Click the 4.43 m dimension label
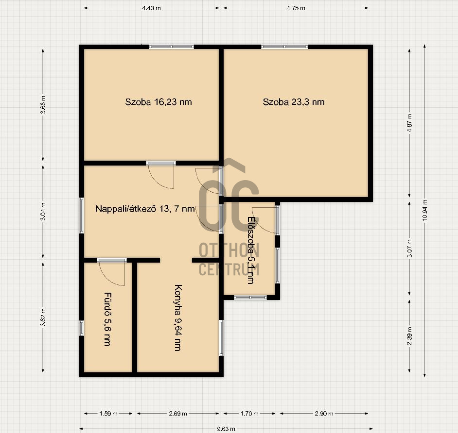coord(151,8)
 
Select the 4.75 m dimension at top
coord(296,8)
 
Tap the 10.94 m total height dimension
coord(425,210)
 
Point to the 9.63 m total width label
coord(226,429)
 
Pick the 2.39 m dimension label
coord(409,336)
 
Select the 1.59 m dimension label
coord(108,414)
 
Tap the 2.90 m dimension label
coord(324,414)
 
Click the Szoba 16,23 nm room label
coord(159,102)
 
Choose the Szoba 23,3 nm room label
coord(294,102)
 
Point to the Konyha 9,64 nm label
coord(178,317)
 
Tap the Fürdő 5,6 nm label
coord(107,319)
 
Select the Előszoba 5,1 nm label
coord(251,250)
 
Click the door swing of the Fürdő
coord(112,273)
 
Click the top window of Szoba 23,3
coord(284,47)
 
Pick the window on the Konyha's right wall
coord(221,338)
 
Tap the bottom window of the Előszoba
coord(250,298)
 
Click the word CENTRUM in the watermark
coord(229,269)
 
